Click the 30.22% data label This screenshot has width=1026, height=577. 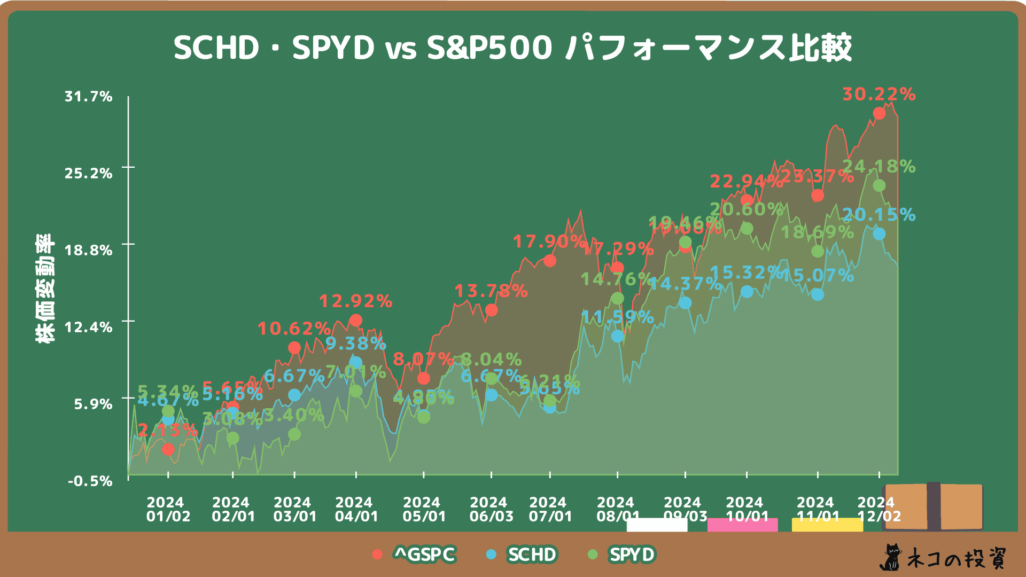click(x=879, y=95)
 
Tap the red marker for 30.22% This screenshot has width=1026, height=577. click(x=879, y=113)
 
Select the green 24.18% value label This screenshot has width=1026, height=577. click(x=879, y=167)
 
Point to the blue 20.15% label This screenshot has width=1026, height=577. click(x=879, y=215)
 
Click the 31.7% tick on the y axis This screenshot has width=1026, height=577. click(x=89, y=97)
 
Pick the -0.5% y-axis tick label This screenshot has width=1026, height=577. click(x=90, y=481)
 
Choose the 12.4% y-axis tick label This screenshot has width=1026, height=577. click(x=89, y=327)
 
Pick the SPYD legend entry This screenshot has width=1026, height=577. click(x=632, y=555)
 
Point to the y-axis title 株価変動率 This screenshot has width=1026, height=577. click(x=45, y=288)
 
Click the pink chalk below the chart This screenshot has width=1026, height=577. click(x=742, y=525)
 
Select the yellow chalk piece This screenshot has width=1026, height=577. click(x=827, y=525)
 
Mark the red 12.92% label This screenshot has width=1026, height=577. click(x=355, y=301)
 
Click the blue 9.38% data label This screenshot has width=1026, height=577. click(x=355, y=344)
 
